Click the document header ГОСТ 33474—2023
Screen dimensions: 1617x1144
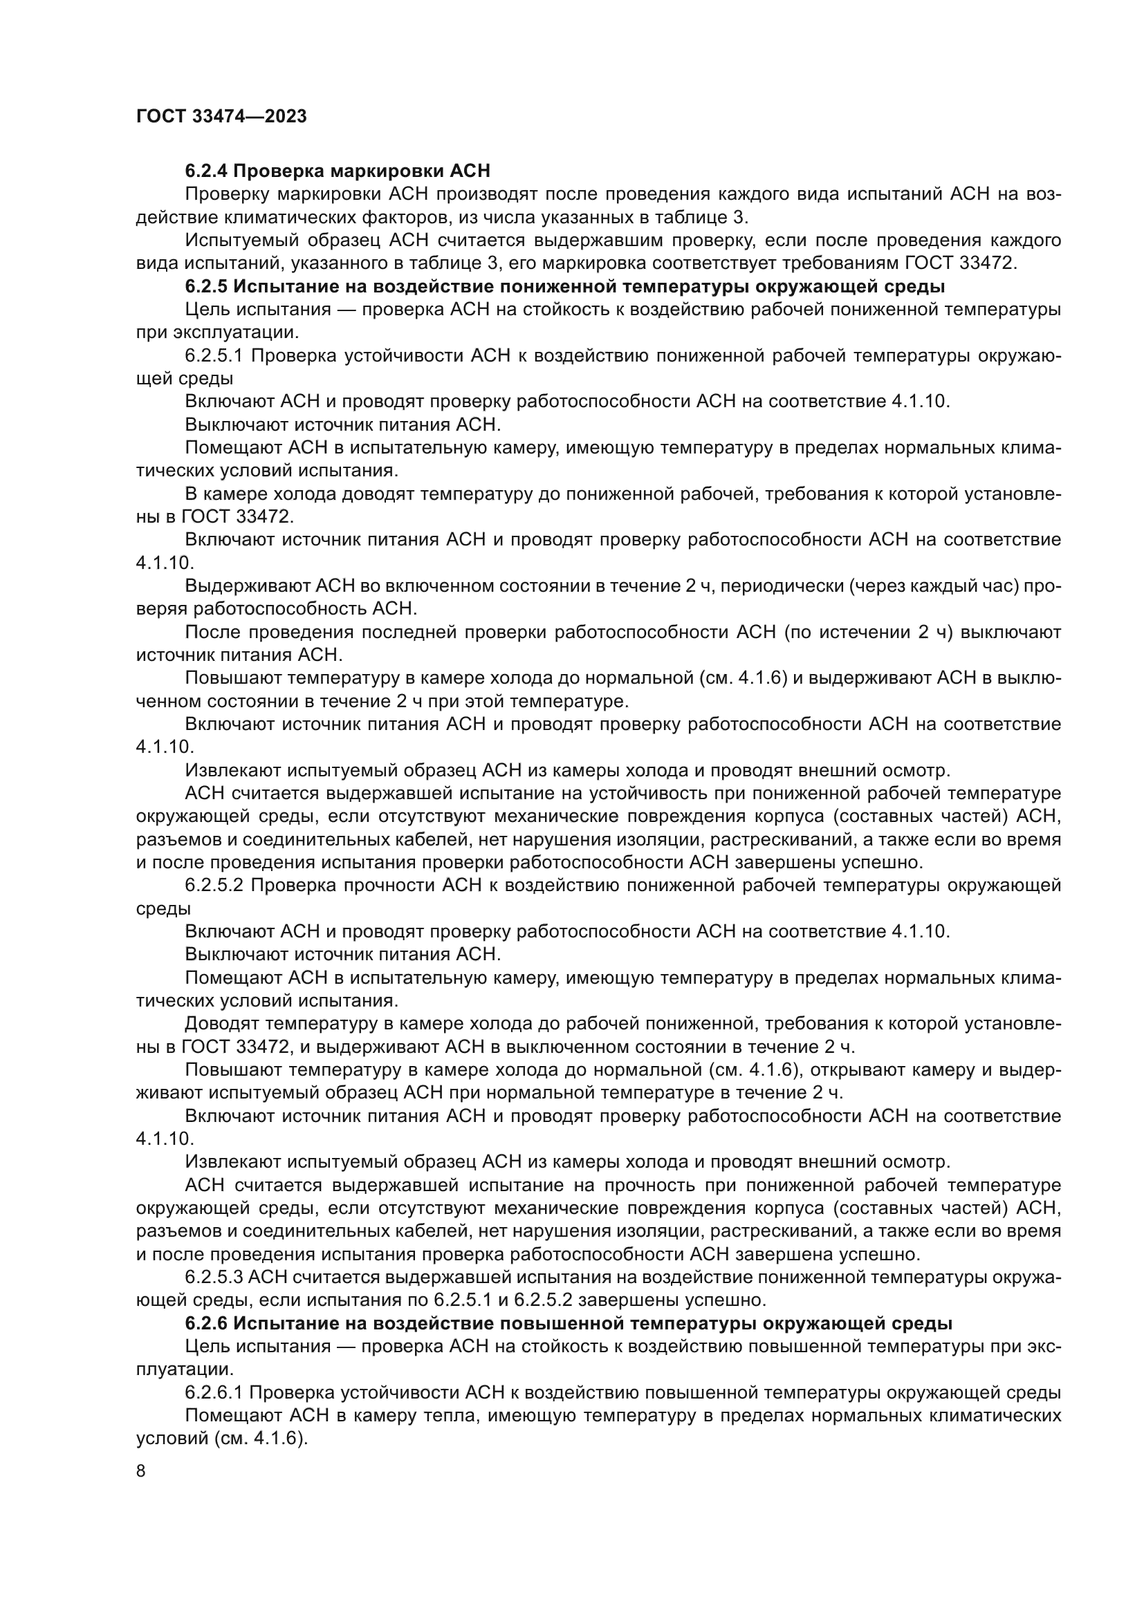(221, 116)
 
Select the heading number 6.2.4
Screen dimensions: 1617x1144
(206, 171)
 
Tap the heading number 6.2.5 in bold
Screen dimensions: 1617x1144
(206, 287)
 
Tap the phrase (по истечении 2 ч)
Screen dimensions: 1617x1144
(868, 633)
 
